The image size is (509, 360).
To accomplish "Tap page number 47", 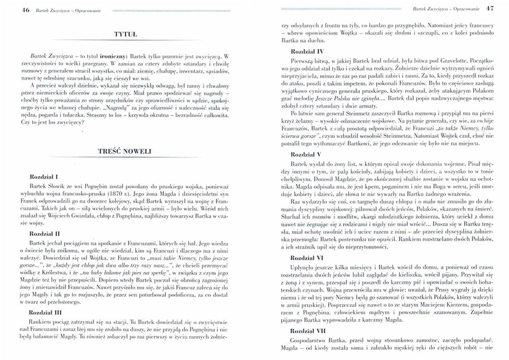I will coord(490,9).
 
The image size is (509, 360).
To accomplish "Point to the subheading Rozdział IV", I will coord(307,52).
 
